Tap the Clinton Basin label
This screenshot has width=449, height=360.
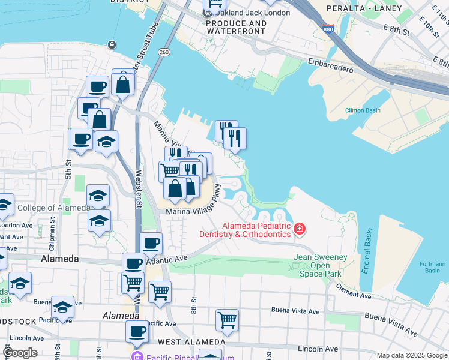click(x=363, y=110)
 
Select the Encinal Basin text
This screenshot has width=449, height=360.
click(x=367, y=251)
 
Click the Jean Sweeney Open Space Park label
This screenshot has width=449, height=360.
click(x=320, y=265)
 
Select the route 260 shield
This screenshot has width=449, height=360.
click(x=164, y=53)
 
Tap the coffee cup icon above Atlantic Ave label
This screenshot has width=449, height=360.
click(x=151, y=243)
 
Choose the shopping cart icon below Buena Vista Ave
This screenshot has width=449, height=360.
click(x=227, y=319)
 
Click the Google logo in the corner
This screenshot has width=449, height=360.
click(x=20, y=353)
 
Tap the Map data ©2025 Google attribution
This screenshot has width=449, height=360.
click(x=412, y=355)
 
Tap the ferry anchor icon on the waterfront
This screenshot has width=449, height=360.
click(x=112, y=44)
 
